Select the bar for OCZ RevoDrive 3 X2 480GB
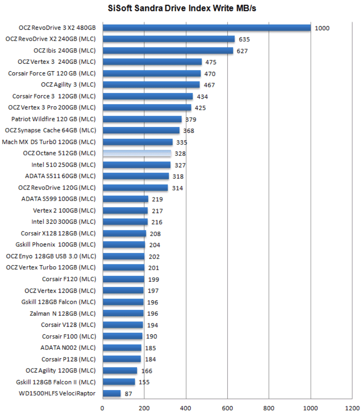[206, 28]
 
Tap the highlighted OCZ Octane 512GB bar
[137, 153]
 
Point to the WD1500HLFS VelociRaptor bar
[112, 393]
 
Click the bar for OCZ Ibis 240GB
[168, 50]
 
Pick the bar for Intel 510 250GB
[137, 165]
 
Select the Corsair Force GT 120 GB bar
[152, 74]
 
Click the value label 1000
[322, 28]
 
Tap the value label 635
[244, 39]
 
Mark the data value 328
[180, 154]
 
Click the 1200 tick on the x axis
[352, 408]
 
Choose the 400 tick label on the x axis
[186, 408]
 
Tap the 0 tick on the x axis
[103, 408]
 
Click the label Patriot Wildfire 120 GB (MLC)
[53, 119]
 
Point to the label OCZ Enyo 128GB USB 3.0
[51, 256]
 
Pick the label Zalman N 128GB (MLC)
[63, 313]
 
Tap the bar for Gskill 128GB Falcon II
[119, 382]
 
